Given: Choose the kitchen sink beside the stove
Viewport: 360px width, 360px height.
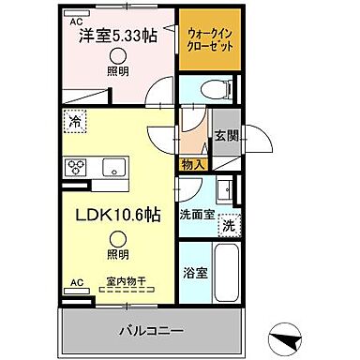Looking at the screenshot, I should (113, 169).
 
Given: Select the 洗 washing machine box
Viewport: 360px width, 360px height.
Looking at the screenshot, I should (229, 225).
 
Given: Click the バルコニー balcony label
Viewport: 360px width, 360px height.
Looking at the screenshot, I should (150, 330).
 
